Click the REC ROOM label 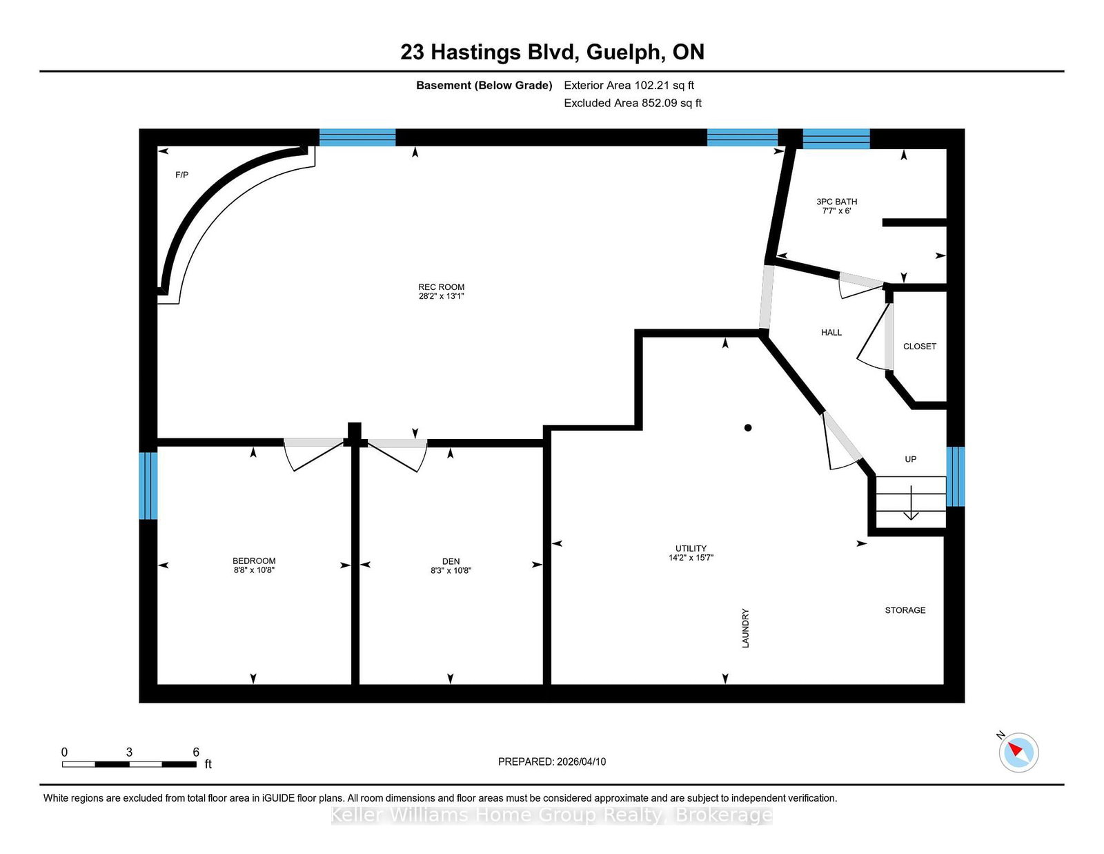pyautogui.click(x=441, y=287)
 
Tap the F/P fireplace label pyautogui.click(x=181, y=175)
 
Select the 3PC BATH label pyautogui.click(x=836, y=202)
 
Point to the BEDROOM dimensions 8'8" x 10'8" pyautogui.click(x=254, y=570)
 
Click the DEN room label pyautogui.click(x=451, y=561)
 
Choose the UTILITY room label pyautogui.click(x=691, y=548)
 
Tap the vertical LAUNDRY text pyautogui.click(x=745, y=628)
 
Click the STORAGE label pyautogui.click(x=905, y=610)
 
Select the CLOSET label pyautogui.click(x=920, y=347)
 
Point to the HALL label pyautogui.click(x=831, y=332)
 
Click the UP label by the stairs pyautogui.click(x=911, y=459)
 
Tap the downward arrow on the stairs pyautogui.click(x=911, y=504)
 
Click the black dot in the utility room pyautogui.click(x=748, y=428)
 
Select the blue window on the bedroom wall pyautogui.click(x=148, y=485)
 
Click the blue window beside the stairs pyautogui.click(x=955, y=476)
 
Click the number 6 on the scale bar pyautogui.click(x=196, y=752)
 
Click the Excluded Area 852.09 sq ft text pyautogui.click(x=633, y=103)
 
